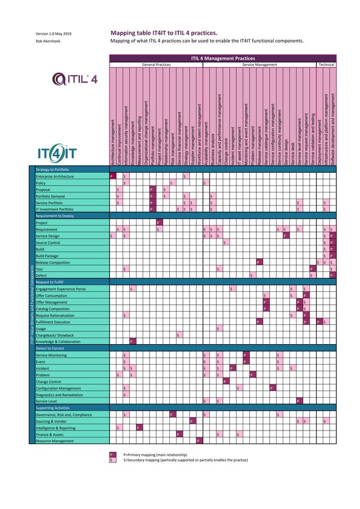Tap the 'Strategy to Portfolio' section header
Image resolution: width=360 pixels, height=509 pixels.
52,169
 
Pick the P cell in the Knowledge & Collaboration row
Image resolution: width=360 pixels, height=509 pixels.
131,341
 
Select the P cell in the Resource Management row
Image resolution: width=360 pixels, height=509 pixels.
198,440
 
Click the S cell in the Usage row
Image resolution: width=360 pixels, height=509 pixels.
218,328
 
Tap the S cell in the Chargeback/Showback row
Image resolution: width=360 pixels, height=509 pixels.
178,335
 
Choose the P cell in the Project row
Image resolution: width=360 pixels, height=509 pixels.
158,223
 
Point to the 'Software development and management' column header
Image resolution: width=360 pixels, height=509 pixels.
333,130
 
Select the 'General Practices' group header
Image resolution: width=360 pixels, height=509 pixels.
156,65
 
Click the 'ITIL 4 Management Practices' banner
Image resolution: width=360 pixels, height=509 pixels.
223,58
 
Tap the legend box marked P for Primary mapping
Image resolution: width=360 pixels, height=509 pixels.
112,454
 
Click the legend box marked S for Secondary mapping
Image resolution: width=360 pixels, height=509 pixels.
112,460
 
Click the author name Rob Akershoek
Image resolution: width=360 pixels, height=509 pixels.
48,41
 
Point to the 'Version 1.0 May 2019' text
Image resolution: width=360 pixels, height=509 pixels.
54,33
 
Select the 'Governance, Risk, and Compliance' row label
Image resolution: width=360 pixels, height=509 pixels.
63,414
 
